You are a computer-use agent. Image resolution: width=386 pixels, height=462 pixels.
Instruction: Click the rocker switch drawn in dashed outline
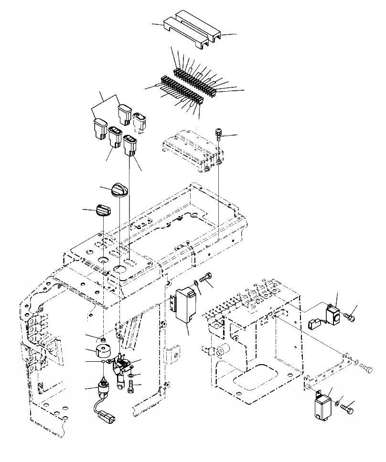(x=140, y=122)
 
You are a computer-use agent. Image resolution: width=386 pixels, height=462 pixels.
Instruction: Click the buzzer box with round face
(x=332, y=315)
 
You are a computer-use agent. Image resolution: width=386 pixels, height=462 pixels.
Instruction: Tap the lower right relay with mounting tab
(x=323, y=406)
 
